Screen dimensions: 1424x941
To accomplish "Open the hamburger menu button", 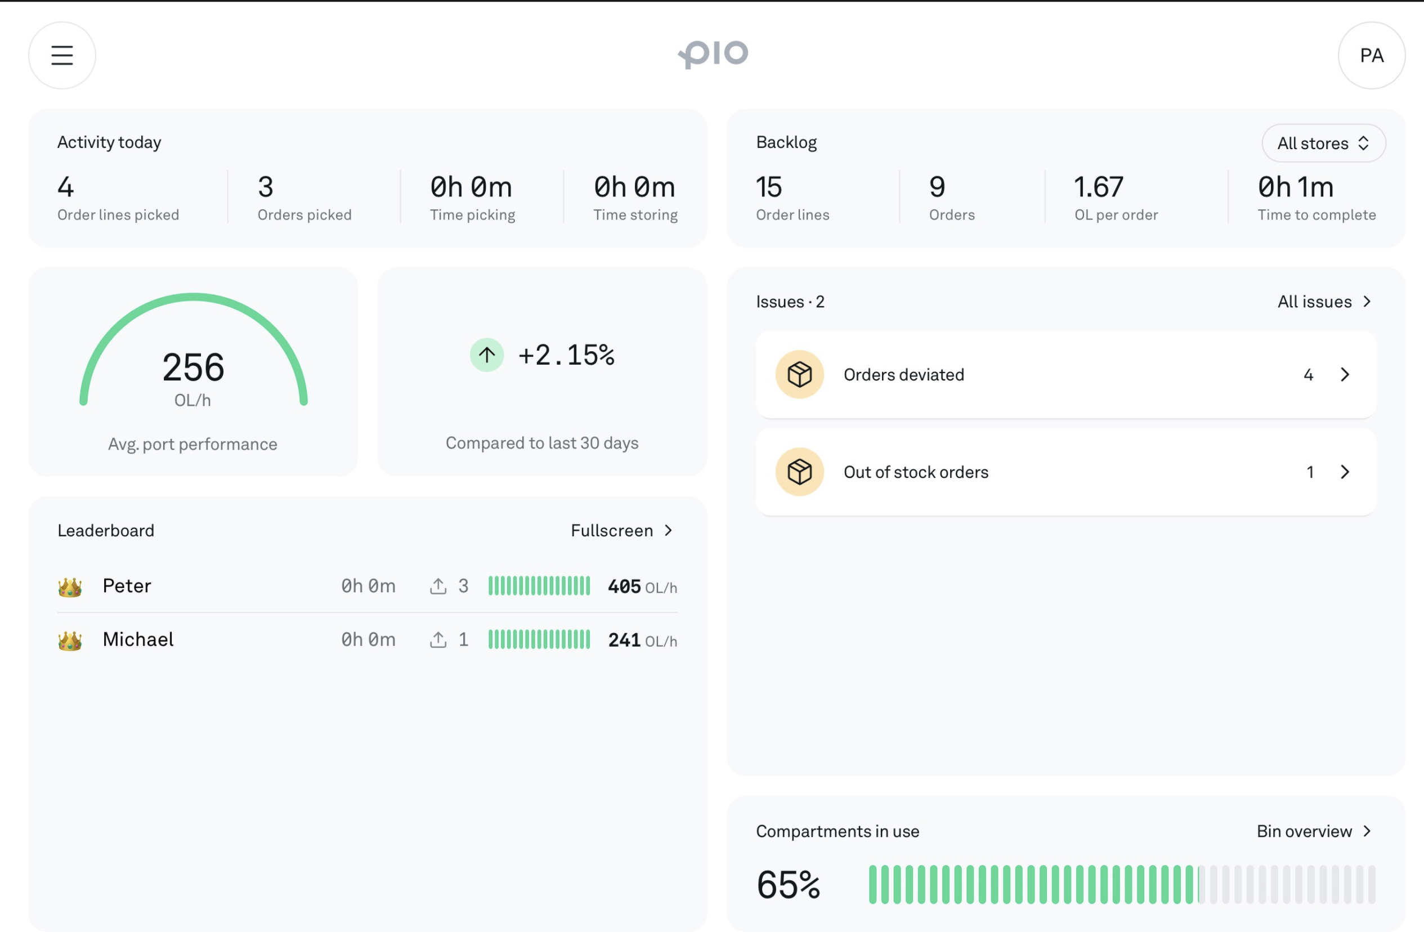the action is (62, 55).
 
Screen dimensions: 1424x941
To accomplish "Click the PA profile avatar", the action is (1371, 55).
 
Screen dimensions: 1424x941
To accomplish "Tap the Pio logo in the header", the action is (713, 55).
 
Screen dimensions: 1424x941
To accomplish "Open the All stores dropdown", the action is (1323, 144).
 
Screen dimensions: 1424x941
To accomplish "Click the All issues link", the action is (1324, 301).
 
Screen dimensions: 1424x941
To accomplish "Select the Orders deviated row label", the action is (904, 374).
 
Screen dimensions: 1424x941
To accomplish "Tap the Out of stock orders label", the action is (916, 472).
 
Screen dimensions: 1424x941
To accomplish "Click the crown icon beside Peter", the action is (70, 587).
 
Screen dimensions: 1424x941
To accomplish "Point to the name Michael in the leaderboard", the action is (138, 639).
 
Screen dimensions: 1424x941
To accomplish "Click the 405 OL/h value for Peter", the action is (642, 586).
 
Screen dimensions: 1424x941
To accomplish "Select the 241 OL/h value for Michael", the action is (642, 640).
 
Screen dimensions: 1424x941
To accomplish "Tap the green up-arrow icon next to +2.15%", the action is (487, 355).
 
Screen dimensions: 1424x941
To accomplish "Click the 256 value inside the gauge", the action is (193, 368).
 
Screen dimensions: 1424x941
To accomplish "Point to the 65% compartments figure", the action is (788, 885).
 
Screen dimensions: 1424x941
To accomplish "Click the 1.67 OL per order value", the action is (1098, 187).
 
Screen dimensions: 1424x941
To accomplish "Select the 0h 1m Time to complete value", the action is (1295, 187).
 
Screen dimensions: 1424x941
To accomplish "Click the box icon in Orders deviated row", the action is (799, 374).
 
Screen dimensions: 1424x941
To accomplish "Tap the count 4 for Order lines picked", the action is (65, 187).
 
